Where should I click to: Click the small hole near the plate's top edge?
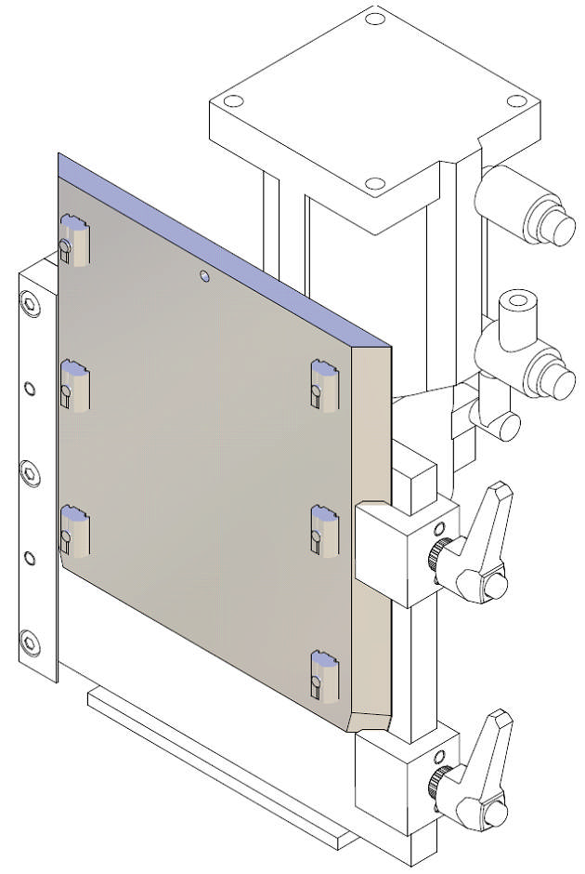tap(205, 275)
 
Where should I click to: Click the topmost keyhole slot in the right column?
tap(325, 383)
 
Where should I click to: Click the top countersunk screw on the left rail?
tap(30, 304)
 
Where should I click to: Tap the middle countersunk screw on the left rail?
tap(30, 474)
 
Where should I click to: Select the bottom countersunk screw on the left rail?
tap(30, 642)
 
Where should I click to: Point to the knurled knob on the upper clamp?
tap(437, 556)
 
